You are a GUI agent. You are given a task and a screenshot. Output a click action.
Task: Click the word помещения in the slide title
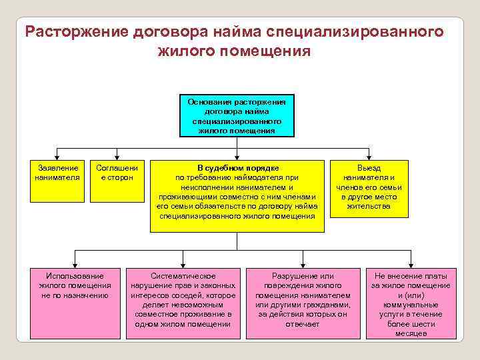(x=271, y=51)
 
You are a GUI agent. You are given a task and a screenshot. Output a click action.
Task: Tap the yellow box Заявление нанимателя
(x=57, y=180)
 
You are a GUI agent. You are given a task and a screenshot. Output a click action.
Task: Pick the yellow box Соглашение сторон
(x=117, y=180)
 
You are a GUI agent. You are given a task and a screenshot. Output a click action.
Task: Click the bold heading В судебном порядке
(x=237, y=168)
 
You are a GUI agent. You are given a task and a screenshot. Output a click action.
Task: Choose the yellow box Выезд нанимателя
(x=369, y=191)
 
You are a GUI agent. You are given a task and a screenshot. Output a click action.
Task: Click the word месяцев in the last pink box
(x=411, y=333)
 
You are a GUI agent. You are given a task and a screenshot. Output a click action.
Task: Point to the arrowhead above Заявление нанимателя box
(x=57, y=155)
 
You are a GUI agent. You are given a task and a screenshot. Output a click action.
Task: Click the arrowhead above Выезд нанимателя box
(x=369, y=155)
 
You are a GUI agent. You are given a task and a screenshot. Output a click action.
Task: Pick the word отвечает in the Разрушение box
(x=303, y=324)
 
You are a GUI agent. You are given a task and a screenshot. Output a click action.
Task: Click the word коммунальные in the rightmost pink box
(x=411, y=304)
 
